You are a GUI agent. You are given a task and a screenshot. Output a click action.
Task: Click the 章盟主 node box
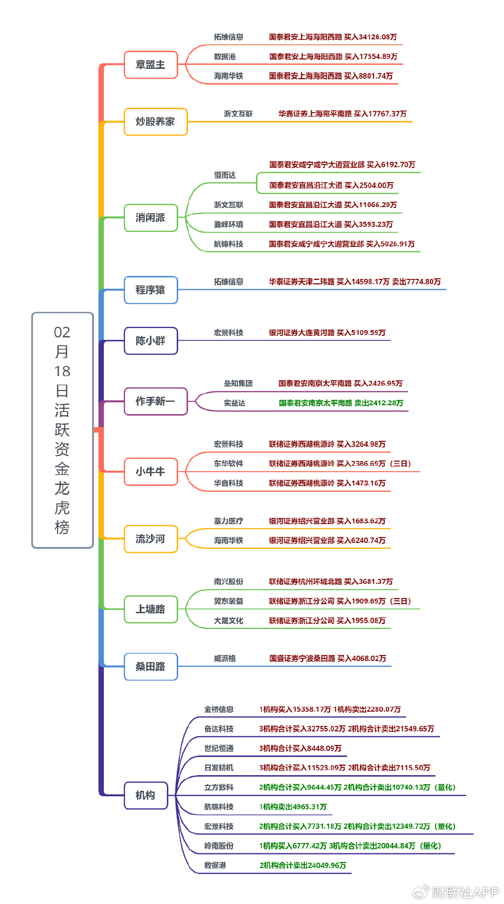[151, 64]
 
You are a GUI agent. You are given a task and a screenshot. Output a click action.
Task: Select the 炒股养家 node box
[156, 121]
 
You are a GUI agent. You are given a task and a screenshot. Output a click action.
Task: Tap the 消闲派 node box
[151, 217]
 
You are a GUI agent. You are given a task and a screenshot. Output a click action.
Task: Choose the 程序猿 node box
[151, 290]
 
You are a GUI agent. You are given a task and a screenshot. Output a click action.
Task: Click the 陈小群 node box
[151, 340]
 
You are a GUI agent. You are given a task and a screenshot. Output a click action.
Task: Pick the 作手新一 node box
[156, 401]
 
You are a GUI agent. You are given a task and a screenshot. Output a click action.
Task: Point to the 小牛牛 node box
[151, 472]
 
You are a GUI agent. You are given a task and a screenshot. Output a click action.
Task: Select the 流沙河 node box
[151, 539]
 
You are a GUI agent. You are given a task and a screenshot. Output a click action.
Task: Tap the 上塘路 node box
[151, 609]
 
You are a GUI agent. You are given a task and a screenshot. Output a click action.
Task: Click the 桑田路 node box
[151, 666]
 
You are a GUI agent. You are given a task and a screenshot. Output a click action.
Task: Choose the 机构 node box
[146, 795]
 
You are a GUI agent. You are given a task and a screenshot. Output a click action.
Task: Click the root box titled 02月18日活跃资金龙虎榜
[63, 430]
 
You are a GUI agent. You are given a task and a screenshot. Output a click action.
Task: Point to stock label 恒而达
[225, 175]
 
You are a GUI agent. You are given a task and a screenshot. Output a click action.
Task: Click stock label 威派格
[225, 659]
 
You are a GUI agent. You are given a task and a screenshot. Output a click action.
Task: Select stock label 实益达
[235, 403]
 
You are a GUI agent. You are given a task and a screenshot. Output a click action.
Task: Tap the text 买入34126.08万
[371, 37]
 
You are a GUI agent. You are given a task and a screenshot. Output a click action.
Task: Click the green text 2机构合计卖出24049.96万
[303, 865]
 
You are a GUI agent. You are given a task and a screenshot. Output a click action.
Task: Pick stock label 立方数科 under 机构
[219, 787]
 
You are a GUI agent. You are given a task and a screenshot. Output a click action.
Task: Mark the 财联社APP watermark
[456, 892]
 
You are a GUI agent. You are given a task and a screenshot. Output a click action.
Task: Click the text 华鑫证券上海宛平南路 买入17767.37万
[343, 114]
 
